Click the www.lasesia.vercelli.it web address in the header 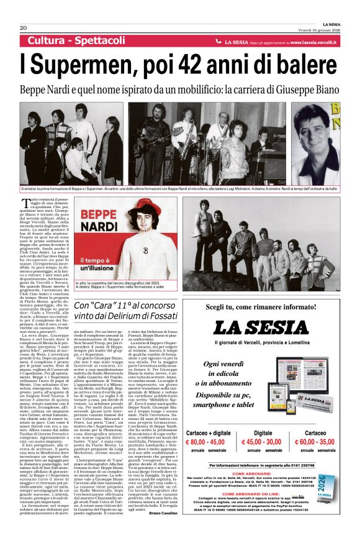click(x=314, y=42)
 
